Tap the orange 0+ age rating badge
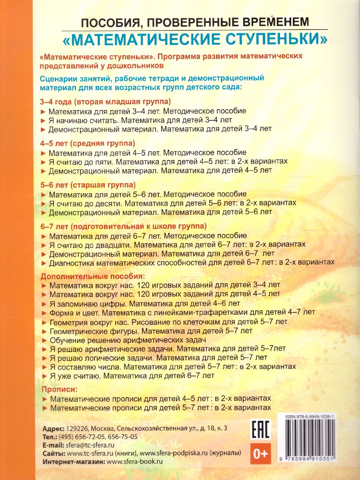(260, 453)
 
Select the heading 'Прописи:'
(58, 389)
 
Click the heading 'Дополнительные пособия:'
(91, 276)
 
